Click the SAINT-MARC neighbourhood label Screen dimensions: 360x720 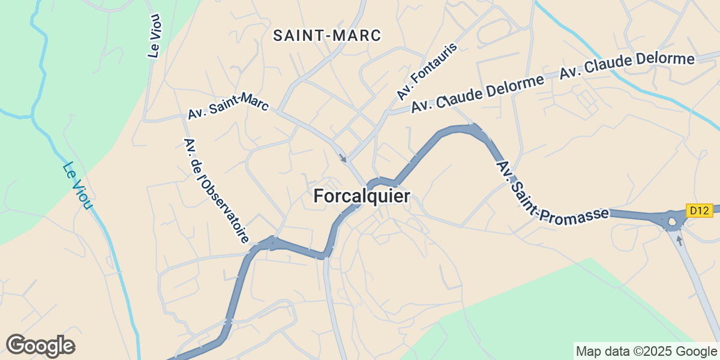click(327, 35)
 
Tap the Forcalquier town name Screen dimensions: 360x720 click(362, 196)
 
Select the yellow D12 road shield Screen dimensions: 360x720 click(699, 211)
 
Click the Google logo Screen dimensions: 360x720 click(40, 346)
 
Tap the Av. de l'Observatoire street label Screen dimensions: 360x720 click(216, 190)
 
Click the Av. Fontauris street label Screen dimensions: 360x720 click(427, 72)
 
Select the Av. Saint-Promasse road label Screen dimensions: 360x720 click(552, 191)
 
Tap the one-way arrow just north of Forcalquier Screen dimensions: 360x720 click(343, 158)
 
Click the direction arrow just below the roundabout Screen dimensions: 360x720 click(679, 240)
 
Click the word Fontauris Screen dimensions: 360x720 click(434, 64)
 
